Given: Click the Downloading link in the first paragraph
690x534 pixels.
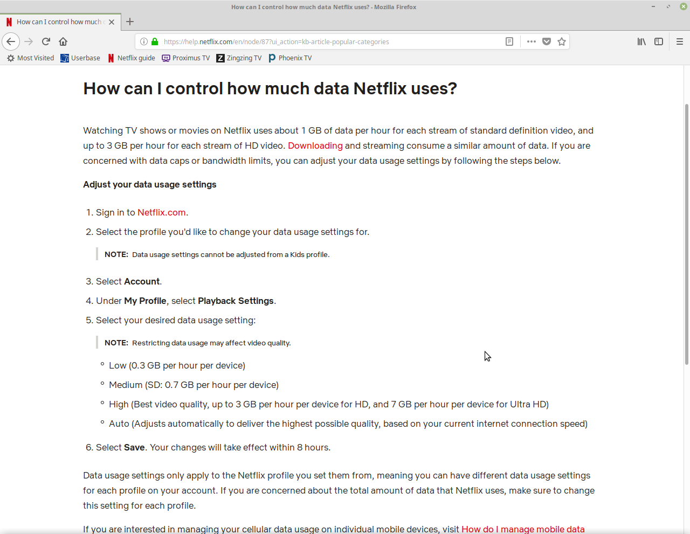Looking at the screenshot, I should (315, 145).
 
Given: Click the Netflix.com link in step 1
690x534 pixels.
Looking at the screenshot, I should (161, 212).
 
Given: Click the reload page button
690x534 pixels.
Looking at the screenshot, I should (46, 41).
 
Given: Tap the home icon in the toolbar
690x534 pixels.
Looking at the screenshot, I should (63, 41).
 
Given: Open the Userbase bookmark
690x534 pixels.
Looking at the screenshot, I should (80, 58).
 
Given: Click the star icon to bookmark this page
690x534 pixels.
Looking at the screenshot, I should (562, 41).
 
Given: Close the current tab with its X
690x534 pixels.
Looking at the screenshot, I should (112, 22).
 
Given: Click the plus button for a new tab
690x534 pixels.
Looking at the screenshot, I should (130, 22).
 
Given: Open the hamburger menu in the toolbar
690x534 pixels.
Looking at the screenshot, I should (679, 41).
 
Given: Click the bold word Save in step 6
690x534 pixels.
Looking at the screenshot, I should (134, 447).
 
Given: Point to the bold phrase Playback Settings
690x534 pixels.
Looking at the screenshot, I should (236, 301).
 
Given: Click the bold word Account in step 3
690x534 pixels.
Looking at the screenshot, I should (142, 281).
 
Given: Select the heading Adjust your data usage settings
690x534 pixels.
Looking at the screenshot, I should (149, 184).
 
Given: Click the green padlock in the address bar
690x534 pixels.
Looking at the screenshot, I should (155, 41).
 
